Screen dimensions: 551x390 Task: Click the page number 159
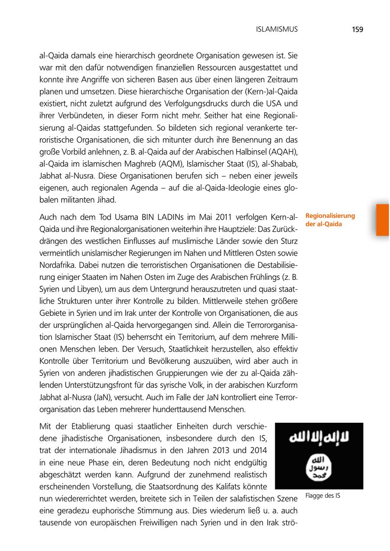(357, 29)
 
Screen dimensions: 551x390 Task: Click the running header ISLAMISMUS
(277, 29)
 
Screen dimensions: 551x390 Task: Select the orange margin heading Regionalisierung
(330, 215)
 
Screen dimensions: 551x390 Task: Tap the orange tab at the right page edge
(383, 220)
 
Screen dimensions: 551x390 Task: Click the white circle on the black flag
(319, 467)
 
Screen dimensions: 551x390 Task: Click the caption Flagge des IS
(322, 496)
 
